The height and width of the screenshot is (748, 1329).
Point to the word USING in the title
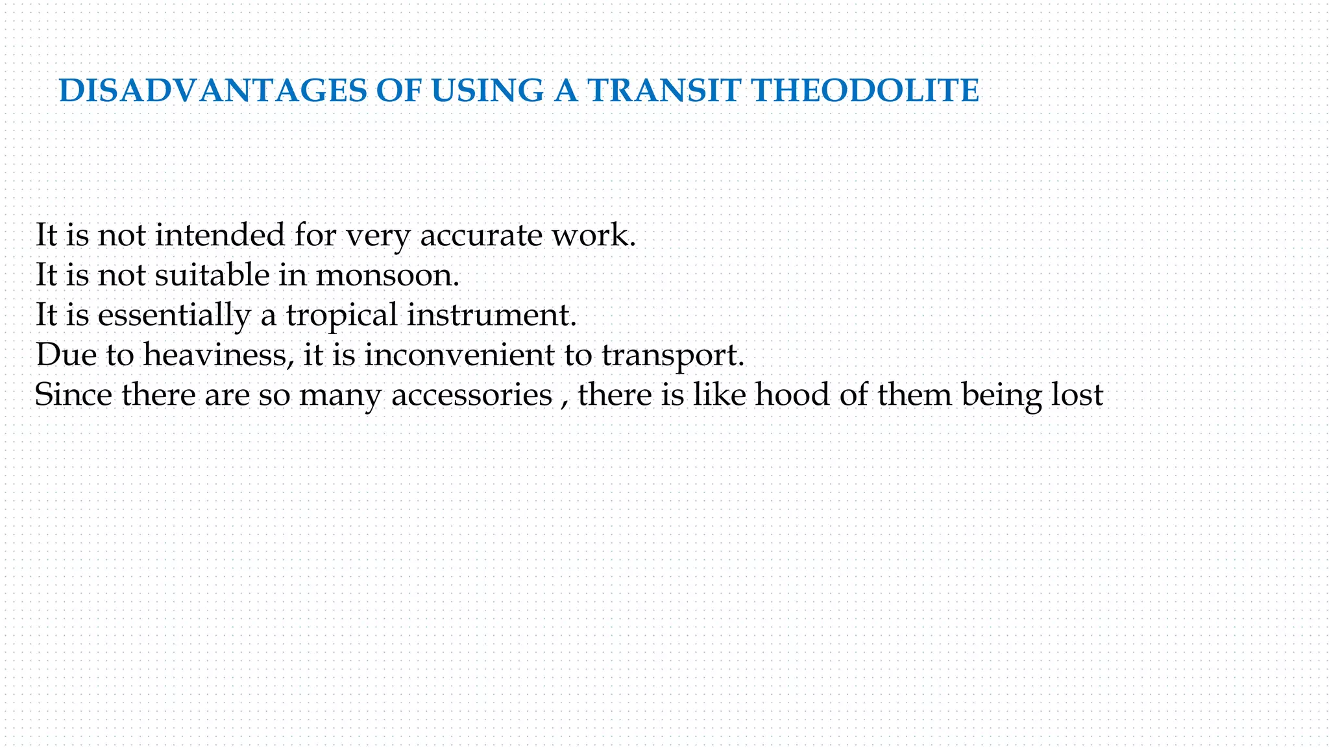click(487, 91)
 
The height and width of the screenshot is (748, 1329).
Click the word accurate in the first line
click(481, 235)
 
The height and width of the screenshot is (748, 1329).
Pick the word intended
click(220, 235)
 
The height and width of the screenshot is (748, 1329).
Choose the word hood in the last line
click(792, 394)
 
